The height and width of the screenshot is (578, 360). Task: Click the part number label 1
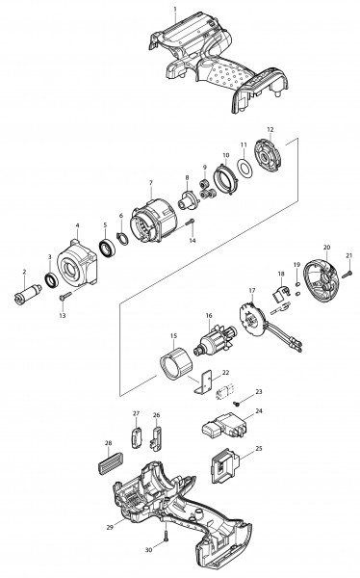point(175,9)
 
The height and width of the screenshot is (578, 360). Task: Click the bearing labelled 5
point(108,248)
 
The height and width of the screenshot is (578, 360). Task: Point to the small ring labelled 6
point(122,239)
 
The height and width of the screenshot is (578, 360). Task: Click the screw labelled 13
point(66,296)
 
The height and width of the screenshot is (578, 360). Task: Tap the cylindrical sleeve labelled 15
point(176,363)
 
